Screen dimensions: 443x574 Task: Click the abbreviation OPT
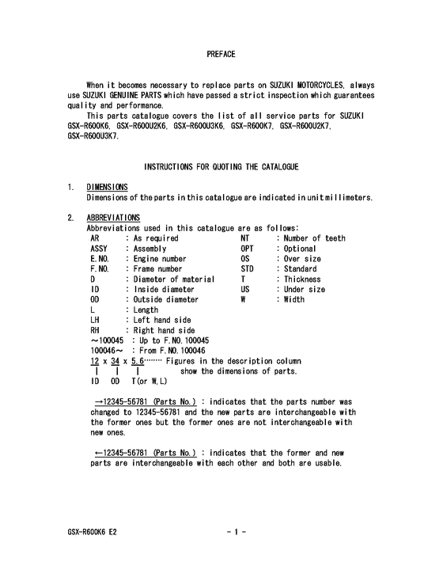pyautogui.click(x=248, y=248)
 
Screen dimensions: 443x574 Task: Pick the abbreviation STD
pyautogui.click(x=248, y=268)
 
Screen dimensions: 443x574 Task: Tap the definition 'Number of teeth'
pyautogui.click(x=314, y=238)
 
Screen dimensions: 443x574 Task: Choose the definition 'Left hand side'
pyautogui.click(x=161, y=320)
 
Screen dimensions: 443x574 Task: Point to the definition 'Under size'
pyautogui.click(x=305, y=289)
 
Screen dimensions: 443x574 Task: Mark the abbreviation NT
pyautogui.click(x=245, y=238)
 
